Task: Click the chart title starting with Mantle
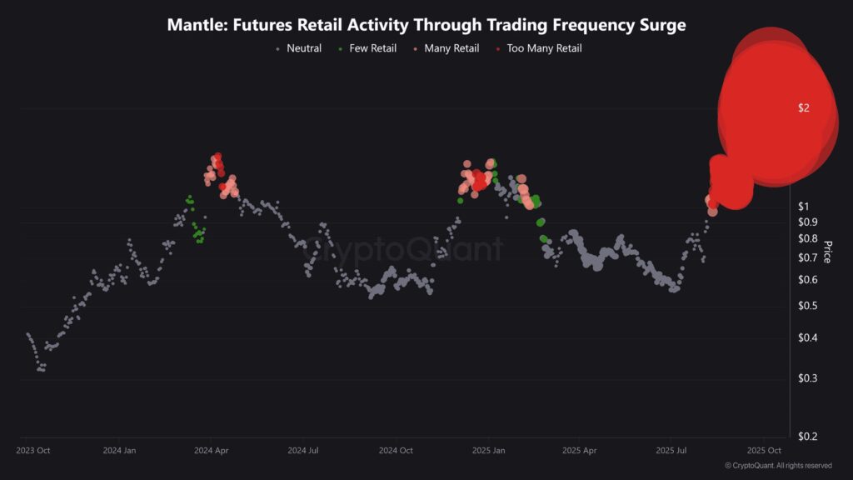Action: point(426,25)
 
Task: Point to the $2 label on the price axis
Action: point(804,107)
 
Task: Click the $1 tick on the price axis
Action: point(804,206)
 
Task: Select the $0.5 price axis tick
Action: point(807,306)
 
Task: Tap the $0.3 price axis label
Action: point(807,378)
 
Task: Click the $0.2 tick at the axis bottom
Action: point(807,437)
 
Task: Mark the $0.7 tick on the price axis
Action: point(807,257)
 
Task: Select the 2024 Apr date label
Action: point(212,451)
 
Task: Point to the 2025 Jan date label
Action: point(488,451)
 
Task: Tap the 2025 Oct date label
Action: point(763,451)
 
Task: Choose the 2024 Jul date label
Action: point(303,451)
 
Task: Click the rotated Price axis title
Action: point(827,252)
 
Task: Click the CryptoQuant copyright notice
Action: point(778,466)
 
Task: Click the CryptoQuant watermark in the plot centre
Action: point(402,249)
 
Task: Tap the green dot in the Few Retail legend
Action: point(340,49)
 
